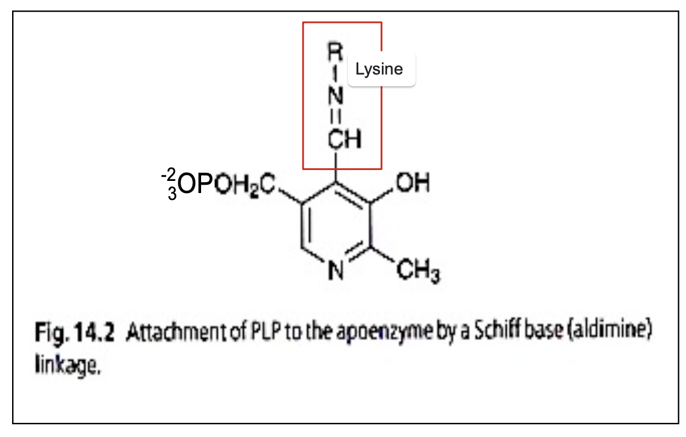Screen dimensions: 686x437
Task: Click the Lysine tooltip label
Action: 379,69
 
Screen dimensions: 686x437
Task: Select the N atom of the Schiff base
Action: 335,94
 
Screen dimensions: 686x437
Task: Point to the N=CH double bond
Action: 335,116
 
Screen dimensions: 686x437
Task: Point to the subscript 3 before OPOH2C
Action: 172,193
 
